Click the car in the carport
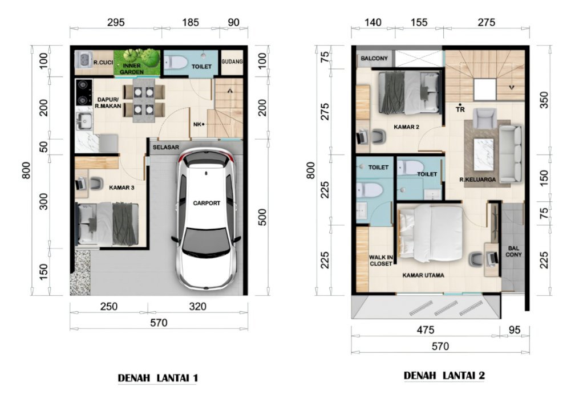pos(206,219)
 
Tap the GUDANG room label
pos(232,62)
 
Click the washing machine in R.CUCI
pos(84,59)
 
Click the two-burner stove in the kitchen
pos(83,92)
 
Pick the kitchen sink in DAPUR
pos(84,120)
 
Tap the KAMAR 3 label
pos(122,188)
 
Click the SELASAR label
pos(166,147)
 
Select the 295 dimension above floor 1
pos(116,22)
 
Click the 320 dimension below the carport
pos(197,307)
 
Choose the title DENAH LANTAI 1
pos(157,378)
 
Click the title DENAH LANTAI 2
pos(444,376)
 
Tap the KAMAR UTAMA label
pos(423,275)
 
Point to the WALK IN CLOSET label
pos(380,260)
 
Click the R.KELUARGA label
pos(477,180)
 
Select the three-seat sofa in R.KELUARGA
pos(510,154)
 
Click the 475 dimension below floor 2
pos(426,330)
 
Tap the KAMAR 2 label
pos(407,127)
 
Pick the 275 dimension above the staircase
pos(486,22)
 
